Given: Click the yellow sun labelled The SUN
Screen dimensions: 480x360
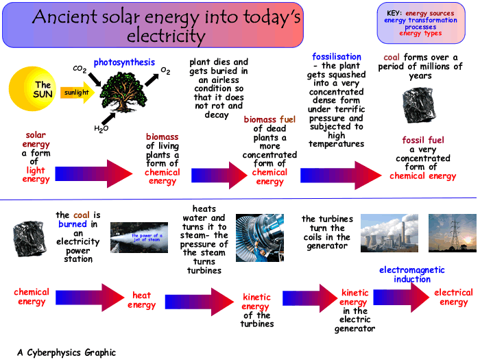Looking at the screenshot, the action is pos(32,88).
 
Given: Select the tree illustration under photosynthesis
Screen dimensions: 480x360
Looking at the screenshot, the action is pos(123,91).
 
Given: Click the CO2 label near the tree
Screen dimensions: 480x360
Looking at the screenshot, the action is pos(80,69).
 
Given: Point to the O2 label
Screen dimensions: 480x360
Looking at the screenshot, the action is pos(165,71).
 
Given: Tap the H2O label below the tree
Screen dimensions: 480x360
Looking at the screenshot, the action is pos(101,129).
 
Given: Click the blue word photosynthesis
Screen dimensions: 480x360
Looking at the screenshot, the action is pos(124,62).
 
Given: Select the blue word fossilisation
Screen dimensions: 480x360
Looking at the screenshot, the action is pos(337,57).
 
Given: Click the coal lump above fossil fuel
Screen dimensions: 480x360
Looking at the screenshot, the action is pos(419,106).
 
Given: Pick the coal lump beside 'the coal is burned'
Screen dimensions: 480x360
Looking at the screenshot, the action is pos(29,239).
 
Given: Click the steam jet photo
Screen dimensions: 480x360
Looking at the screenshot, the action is pos(139,237).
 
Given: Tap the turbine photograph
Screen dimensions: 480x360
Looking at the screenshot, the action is pos(260,238).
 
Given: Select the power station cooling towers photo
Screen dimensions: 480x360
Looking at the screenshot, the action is pos(389,233).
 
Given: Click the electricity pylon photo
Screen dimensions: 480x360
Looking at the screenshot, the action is pos(453,233).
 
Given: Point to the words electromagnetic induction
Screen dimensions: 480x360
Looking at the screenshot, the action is pos(411,274).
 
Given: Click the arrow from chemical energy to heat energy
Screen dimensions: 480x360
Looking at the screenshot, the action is pos(90,298).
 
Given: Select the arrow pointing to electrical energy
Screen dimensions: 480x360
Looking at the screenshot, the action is pos(401,297).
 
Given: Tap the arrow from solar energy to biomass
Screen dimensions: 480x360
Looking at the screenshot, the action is pos(94,173).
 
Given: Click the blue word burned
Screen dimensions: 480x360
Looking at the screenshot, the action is pos(73,224).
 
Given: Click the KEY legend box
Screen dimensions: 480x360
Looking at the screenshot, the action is pos(421,23).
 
